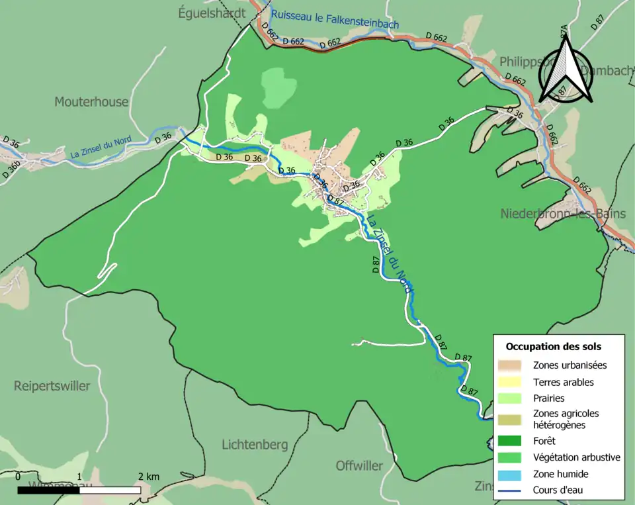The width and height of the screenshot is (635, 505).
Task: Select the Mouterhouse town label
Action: (91, 102)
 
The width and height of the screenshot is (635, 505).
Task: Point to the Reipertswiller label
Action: (52, 386)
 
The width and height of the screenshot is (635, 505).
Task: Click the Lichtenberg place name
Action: (255, 444)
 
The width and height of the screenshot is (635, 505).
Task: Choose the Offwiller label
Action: (359, 465)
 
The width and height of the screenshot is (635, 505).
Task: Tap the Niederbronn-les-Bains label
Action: (563, 214)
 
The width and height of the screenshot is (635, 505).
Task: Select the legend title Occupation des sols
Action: (553, 346)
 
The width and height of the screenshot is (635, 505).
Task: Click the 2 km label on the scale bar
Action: (148, 477)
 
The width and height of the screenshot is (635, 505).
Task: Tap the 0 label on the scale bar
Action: (18, 477)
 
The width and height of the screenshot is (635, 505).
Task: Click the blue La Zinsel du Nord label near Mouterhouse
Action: (101, 148)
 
